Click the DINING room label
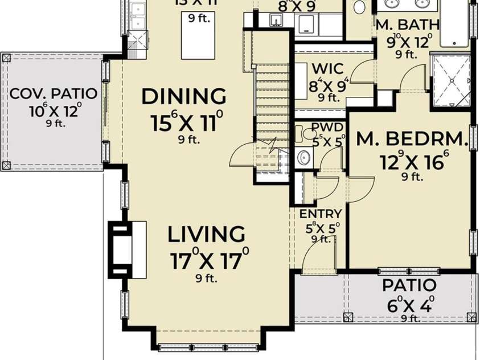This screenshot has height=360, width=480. pyautogui.click(x=183, y=96)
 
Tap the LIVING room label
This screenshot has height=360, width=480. pyautogui.click(x=207, y=234)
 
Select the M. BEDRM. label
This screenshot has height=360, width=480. pyautogui.click(x=412, y=138)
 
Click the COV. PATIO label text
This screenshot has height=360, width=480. pyautogui.click(x=54, y=93)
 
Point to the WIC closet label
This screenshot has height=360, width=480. pyautogui.click(x=327, y=69)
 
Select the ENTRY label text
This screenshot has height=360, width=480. pyautogui.click(x=321, y=214)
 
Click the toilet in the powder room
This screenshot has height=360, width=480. pyautogui.click(x=308, y=134)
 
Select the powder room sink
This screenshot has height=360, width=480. pyautogui.click(x=303, y=156)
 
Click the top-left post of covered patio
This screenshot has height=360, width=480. pyautogui.click(x=6, y=57)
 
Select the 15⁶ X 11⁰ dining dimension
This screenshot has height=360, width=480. pyautogui.click(x=186, y=121)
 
